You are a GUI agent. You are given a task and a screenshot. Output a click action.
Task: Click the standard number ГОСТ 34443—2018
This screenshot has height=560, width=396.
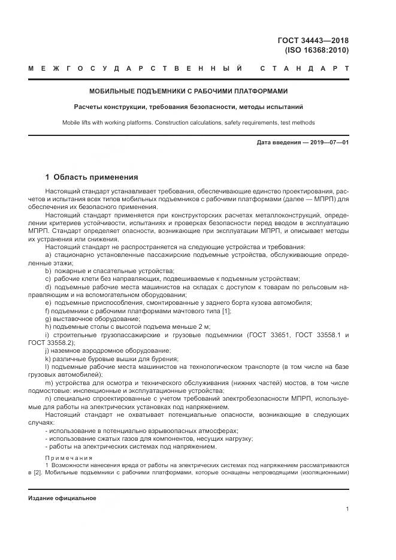[x=313, y=41]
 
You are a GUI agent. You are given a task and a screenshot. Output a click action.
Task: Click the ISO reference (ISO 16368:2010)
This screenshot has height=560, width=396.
[x=318, y=50]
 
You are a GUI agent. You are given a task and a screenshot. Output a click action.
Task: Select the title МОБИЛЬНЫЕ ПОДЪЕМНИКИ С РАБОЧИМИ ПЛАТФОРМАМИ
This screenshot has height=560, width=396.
[x=189, y=92]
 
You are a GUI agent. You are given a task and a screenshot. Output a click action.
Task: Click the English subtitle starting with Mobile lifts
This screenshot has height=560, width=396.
[x=189, y=122]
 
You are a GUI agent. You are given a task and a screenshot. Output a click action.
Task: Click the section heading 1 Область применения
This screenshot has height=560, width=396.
[x=92, y=177]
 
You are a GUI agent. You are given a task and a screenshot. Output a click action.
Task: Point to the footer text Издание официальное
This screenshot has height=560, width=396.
[x=62, y=498]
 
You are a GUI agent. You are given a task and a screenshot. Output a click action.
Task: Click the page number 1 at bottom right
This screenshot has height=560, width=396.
[x=347, y=508]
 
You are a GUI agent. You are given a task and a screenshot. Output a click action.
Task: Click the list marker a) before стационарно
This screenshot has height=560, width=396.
[x=49, y=255]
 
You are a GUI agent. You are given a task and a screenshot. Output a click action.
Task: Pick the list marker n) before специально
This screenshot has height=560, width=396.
[x=49, y=398]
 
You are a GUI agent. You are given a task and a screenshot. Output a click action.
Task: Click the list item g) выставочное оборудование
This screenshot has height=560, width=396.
[x=84, y=319]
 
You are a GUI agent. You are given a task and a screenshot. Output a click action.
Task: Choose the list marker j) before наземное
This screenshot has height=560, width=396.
[x=48, y=351]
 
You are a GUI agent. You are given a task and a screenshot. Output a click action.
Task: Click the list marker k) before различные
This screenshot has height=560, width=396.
[x=49, y=359]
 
